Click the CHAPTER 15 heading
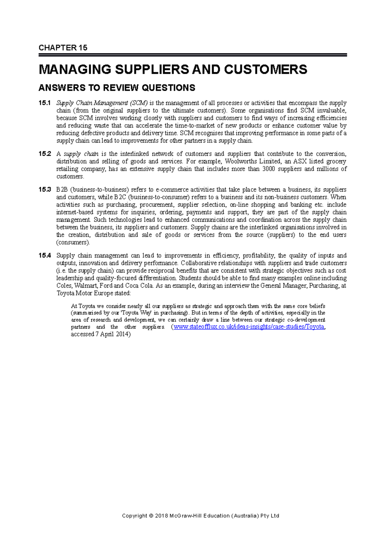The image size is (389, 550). click(63, 48)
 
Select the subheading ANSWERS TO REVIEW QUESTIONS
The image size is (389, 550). click(117, 88)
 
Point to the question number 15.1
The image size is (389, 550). click(44, 103)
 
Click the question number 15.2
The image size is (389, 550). click(44, 154)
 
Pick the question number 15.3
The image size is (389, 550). click(44, 190)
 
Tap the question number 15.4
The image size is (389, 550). click(44, 256)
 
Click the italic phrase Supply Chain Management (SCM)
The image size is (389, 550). click(102, 103)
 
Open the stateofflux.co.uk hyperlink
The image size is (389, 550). click(249, 327)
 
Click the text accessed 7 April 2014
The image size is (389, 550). click(100, 334)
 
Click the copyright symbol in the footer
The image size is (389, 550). click(151, 516)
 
